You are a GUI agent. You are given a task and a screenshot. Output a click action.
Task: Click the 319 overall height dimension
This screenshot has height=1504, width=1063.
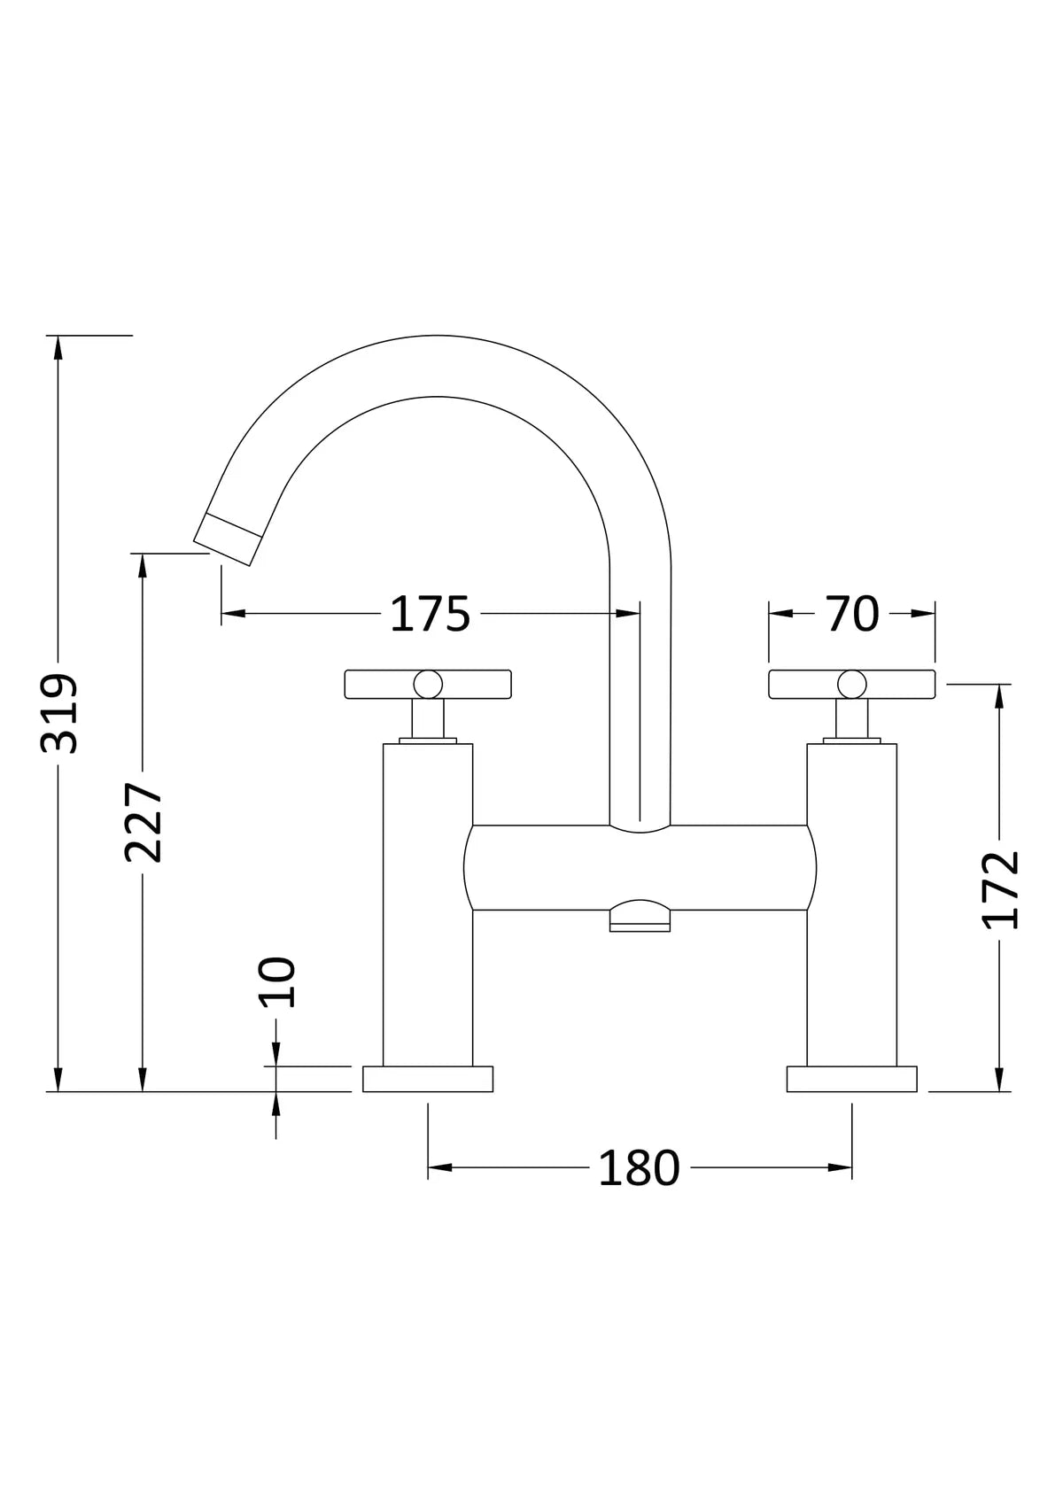point(59,713)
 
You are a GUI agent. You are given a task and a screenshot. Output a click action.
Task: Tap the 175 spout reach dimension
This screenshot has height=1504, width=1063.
point(430,614)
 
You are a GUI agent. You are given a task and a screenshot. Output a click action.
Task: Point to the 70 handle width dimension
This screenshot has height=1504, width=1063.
point(852,613)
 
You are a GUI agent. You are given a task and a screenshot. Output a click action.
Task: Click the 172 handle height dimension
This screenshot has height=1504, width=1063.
point(1002,889)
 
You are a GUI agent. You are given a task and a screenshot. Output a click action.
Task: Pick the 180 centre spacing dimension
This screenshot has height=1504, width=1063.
point(639,1168)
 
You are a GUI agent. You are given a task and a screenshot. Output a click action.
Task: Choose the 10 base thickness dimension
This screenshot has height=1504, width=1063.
point(276,981)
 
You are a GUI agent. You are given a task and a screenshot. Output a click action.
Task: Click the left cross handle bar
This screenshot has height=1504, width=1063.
point(376,683)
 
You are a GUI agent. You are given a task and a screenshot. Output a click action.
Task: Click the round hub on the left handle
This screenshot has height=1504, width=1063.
point(428,683)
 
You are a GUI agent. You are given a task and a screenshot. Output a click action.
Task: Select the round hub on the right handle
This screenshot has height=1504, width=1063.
point(852,683)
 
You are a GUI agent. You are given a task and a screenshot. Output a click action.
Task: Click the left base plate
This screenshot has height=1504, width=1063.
point(428,1079)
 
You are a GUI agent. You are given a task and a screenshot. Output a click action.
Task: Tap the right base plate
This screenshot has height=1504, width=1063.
point(852,1079)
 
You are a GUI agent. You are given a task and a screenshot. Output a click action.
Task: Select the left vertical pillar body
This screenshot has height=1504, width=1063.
point(428,903)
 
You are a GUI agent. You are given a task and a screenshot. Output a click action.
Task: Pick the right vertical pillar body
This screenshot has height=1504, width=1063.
point(852,903)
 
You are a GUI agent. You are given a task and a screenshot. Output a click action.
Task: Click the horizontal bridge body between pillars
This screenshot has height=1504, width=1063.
point(640,869)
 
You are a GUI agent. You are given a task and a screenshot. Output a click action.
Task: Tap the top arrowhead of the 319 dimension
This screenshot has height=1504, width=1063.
point(58,346)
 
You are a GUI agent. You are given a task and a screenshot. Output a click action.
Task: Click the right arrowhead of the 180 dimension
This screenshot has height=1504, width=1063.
point(841,1167)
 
